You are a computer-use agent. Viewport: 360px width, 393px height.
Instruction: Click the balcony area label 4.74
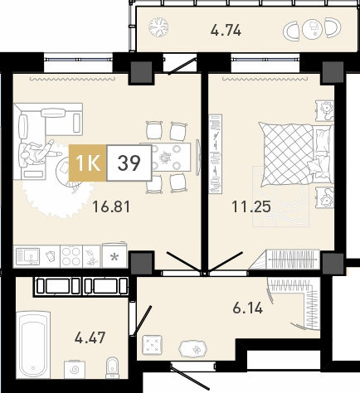pyautogui.click(x=226, y=30)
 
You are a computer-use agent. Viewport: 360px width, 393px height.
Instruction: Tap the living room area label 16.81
pyautogui.click(x=111, y=206)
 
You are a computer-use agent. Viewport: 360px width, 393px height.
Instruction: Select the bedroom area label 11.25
pyautogui.click(x=251, y=206)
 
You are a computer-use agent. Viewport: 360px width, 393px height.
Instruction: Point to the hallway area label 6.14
pyautogui.click(x=247, y=308)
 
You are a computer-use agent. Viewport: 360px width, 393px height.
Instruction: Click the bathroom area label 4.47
pyautogui.click(x=90, y=337)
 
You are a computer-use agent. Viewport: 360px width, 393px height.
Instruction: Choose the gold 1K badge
pyautogui.click(x=87, y=163)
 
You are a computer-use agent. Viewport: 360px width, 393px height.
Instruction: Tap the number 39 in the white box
pyautogui.click(x=129, y=163)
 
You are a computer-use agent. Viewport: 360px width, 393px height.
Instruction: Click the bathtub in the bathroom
pyautogui.click(x=33, y=345)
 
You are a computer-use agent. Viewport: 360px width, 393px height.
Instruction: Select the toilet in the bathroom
pyautogui.click(x=113, y=367)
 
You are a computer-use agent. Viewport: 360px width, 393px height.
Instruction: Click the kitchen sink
pyautogui.click(x=27, y=256)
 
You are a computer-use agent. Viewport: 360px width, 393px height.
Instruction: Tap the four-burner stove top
pyautogui.click(x=71, y=256)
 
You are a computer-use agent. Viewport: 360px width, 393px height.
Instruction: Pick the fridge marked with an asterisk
pyautogui.click(x=114, y=255)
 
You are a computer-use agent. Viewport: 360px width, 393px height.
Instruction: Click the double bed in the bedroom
pyautogui.click(x=296, y=154)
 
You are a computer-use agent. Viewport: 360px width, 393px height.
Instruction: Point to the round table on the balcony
pyautogui.click(x=313, y=28)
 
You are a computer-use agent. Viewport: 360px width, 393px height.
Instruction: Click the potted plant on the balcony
pyautogui.click(x=158, y=27)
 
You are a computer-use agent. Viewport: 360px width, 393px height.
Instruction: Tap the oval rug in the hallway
pyautogui.click(x=193, y=349)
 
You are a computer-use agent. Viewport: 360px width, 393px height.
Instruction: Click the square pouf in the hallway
pyautogui.click(x=152, y=344)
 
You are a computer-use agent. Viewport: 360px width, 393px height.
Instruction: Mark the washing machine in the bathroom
pyautogui.click(x=75, y=370)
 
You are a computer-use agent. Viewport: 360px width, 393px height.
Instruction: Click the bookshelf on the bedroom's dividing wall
pyautogui.click(x=216, y=154)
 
